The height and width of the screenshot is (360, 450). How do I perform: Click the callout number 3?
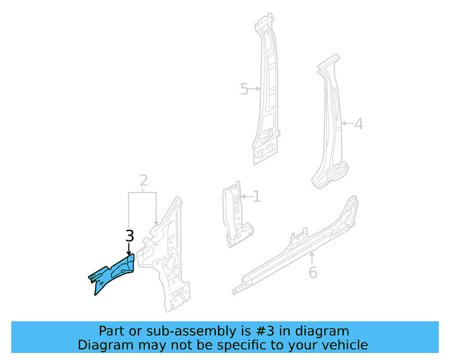pyautogui.click(x=129, y=237)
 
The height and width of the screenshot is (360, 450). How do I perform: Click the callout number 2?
pyautogui.click(x=143, y=182)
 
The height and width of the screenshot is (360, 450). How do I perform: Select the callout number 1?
pyautogui.click(x=257, y=197)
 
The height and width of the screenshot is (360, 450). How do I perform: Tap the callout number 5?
pyautogui.click(x=244, y=89)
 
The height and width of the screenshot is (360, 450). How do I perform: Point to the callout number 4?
pyautogui.click(x=358, y=124)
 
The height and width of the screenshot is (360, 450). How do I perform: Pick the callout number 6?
pyautogui.click(x=313, y=272)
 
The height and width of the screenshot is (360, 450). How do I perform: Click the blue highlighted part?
pyautogui.click(x=112, y=275)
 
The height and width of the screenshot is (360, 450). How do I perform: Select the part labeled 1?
pyautogui.click(x=233, y=214)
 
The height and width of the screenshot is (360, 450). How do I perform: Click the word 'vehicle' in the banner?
pyautogui.click(x=345, y=345)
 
